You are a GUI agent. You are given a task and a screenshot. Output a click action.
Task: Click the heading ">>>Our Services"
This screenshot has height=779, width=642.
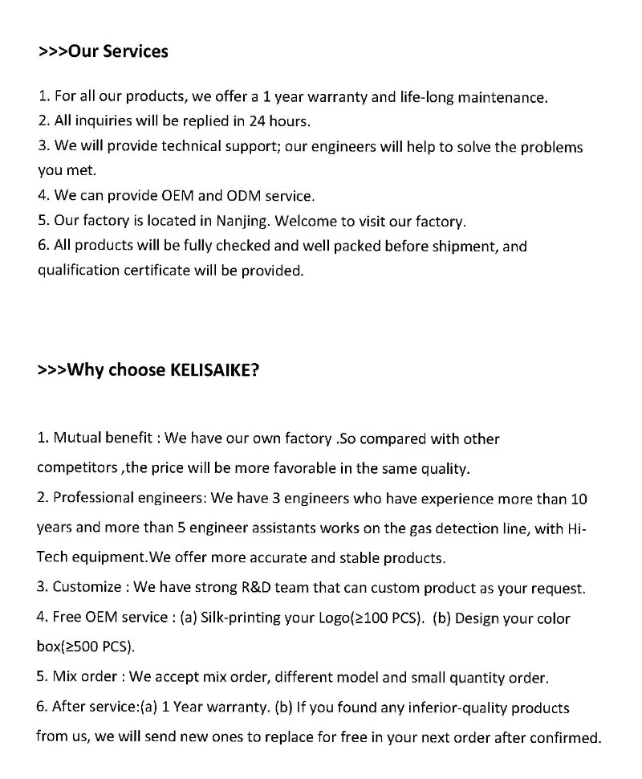click(x=103, y=51)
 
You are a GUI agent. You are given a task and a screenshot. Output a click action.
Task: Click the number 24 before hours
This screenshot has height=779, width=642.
click(x=238, y=122)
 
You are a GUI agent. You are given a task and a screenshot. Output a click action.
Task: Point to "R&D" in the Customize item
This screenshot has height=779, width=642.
click(x=260, y=587)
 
